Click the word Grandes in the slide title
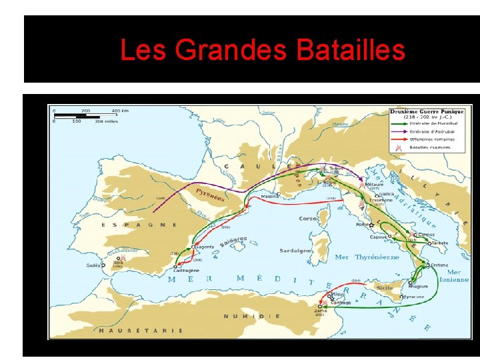pyautogui.click(x=225, y=50)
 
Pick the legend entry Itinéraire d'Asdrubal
pyautogui.click(x=434, y=132)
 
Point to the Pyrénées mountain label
pyautogui.click(x=210, y=195)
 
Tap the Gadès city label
pyautogui.click(x=94, y=265)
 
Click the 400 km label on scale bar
pyautogui.click(x=120, y=111)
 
